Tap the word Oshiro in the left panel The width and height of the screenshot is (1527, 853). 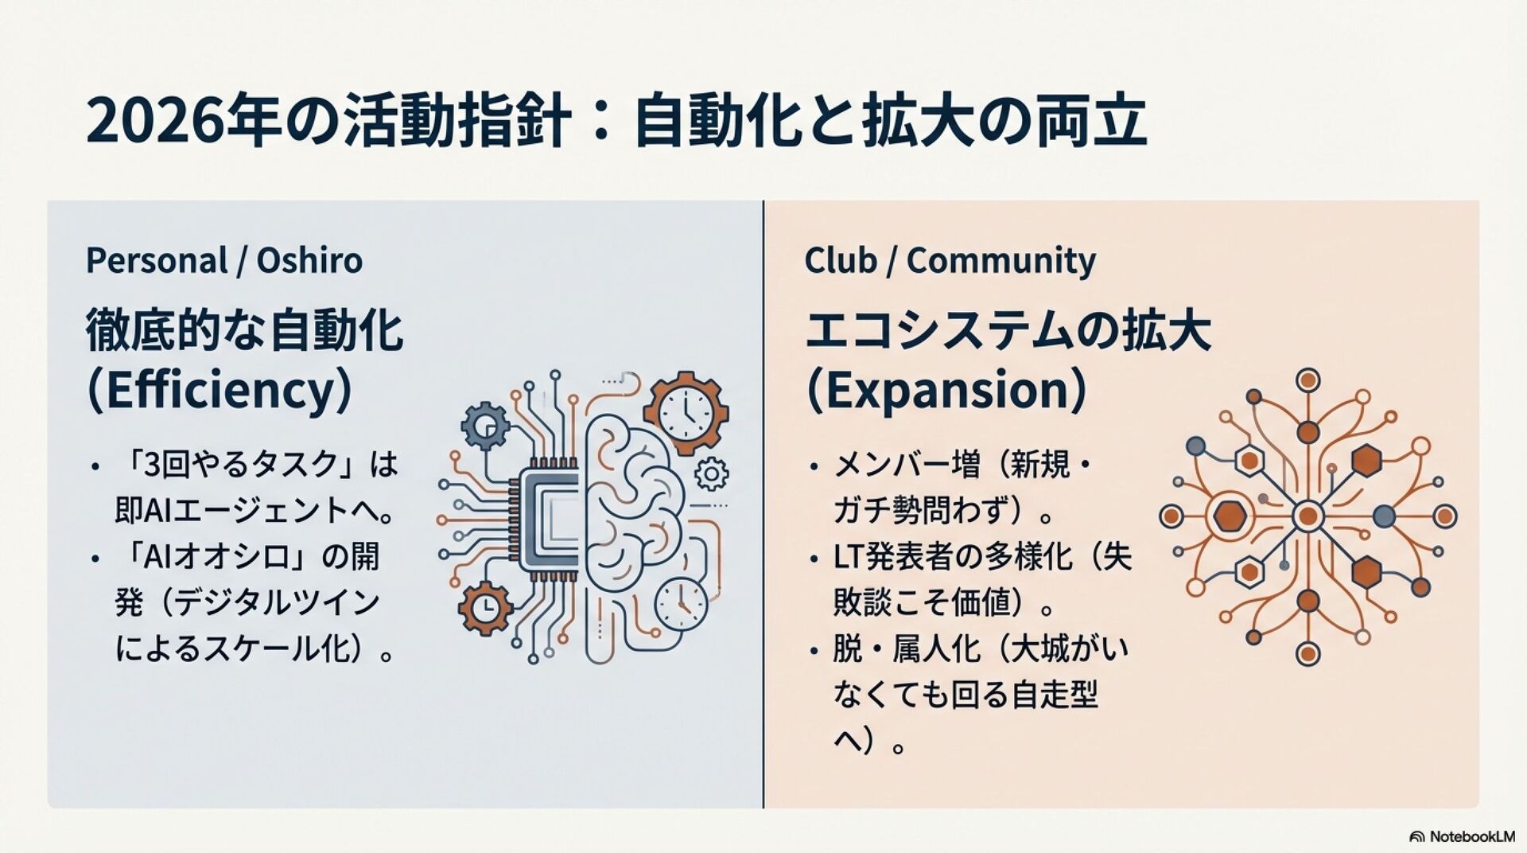[x=309, y=260]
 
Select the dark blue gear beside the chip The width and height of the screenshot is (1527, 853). [x=485, y=426]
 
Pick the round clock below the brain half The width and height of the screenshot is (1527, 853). [x=681, y=604]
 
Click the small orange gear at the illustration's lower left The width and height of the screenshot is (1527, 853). [x=485, y=608]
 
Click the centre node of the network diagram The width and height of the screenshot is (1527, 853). [x=1307, y=516]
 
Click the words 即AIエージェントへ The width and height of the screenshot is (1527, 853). [x=254, y=511]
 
